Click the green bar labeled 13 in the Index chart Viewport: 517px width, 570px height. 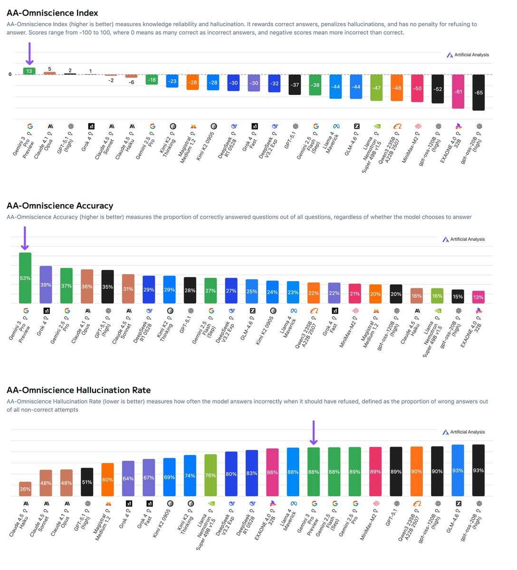pos(29,71)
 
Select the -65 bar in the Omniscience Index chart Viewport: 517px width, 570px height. pos(479,92)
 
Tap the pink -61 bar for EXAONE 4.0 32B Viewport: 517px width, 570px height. pos(458,91)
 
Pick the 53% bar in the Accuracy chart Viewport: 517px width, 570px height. pos(25,278)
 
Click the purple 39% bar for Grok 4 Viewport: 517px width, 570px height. pos(46,285)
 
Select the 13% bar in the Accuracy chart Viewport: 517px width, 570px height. pos(478,297)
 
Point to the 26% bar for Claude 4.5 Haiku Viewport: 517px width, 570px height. pos(25,489)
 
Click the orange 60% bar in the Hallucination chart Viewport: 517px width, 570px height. pos(108,480)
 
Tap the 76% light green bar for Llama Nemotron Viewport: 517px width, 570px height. pos(211,475)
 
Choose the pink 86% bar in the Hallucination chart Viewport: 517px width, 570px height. pos(272,472)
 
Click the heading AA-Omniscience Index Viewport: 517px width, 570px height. pos(52,13)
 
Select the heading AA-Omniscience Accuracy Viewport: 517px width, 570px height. pos(60,206)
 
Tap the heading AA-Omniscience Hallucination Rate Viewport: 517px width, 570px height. pos(78,390)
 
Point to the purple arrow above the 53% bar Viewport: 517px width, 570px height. pos(25,238)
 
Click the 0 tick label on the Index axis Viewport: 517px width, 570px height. pos(10,75)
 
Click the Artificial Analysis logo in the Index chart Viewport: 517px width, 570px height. pos(468,55)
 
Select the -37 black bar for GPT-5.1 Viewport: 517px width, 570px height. pos(295,85)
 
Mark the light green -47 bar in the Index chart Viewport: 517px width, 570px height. pos(376,87)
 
